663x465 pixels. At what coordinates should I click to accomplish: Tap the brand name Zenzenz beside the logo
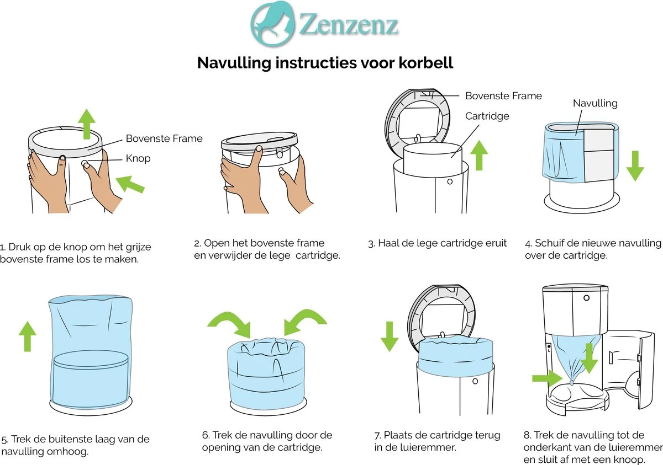(x=349, y=25)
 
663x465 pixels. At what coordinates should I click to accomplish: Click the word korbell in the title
(x=425, y=63)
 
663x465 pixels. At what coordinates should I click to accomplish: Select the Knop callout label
(x=138, y=159)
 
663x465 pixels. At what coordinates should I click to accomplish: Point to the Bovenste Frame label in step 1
(x=164, y=138)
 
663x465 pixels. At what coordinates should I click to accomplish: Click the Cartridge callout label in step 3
(x=487, y=116)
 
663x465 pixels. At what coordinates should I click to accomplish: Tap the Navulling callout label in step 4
(x=594, y=103)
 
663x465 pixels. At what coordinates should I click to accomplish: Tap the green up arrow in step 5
(x=27, y=336)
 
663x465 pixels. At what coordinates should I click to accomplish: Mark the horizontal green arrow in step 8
(x=546, y=378)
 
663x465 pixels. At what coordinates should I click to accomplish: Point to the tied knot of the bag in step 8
(x=571, y=380)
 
